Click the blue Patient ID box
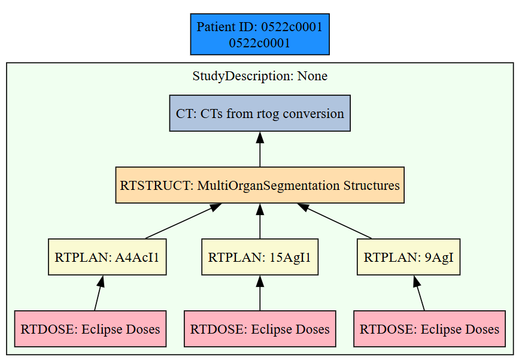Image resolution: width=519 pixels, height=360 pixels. [260, 34]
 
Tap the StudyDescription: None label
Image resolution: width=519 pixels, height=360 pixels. [260, 76]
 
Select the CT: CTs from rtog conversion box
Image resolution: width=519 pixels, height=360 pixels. [260, 113]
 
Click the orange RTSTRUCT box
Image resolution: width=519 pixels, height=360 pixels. [260, 185]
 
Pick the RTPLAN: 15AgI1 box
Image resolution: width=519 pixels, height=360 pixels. [260, 257]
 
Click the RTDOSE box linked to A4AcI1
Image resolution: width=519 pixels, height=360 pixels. [90, 329]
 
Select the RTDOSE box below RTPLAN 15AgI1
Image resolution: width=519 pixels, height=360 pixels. [260, 329]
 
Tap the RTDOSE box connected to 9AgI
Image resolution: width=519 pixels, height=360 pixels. [429, 329]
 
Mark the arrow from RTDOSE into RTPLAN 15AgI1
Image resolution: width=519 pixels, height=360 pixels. [260, 293]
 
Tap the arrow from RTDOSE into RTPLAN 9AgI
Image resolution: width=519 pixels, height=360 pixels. [419, 293]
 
